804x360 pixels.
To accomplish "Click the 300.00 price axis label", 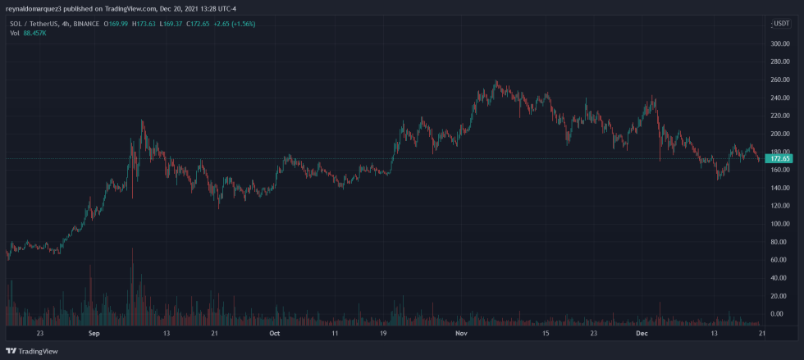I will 779,43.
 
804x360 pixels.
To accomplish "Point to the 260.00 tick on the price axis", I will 779,80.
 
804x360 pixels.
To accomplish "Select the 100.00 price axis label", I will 779,224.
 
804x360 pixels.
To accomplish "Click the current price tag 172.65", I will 779,158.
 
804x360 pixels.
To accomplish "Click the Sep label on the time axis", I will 94,334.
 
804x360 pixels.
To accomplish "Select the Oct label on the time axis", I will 275,334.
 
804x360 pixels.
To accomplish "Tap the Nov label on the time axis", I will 461,334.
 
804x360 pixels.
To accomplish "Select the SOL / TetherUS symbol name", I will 33,24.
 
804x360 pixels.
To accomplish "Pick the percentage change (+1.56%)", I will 242,24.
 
